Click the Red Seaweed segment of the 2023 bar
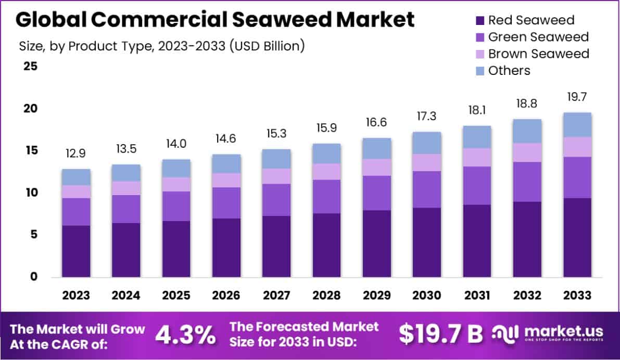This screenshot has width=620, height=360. (x=76, y=251)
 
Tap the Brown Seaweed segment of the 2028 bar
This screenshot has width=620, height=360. (x=326, y=172)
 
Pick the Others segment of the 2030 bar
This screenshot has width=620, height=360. (x=426, y=143)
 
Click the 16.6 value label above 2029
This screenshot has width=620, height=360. (x=376, y=122)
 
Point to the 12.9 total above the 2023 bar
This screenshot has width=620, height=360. (x=76, y=153)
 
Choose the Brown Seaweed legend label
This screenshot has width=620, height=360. (x=539, y=54)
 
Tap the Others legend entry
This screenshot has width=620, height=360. (x=509, y=70)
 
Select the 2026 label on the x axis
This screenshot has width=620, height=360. (x=226, y=295)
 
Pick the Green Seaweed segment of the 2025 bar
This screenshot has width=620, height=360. (x=176, y=206)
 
